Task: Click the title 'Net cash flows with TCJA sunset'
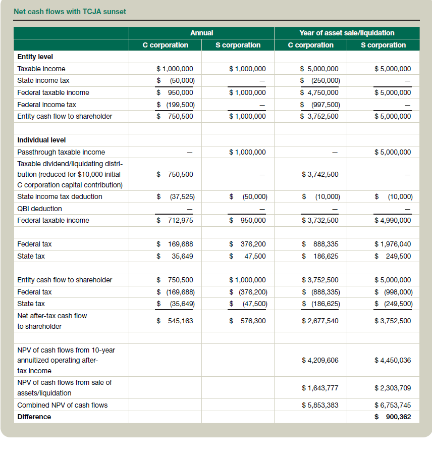(x=70, y=11)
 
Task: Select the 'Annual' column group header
(x=201, y=33)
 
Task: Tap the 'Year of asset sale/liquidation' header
(x=347, y=33)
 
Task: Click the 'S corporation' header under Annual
(x=238, y=45)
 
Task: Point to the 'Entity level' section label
(x=35, y=57)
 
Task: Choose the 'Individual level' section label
(x=41, y=140)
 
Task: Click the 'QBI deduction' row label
(x=39, y=209)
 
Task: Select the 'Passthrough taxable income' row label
(x=61, y=152)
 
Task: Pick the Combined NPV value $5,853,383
(x=320, y=405)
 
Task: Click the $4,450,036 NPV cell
(x=392, y=360)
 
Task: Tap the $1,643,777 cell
(x=320, y=388)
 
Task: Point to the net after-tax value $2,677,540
(x=320, y=321)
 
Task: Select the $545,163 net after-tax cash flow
(x=175, y=321)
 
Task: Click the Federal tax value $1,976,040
(x=392, y=244)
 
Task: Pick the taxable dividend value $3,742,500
(x=320, y=174)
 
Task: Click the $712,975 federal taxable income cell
(x=175, y=220)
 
